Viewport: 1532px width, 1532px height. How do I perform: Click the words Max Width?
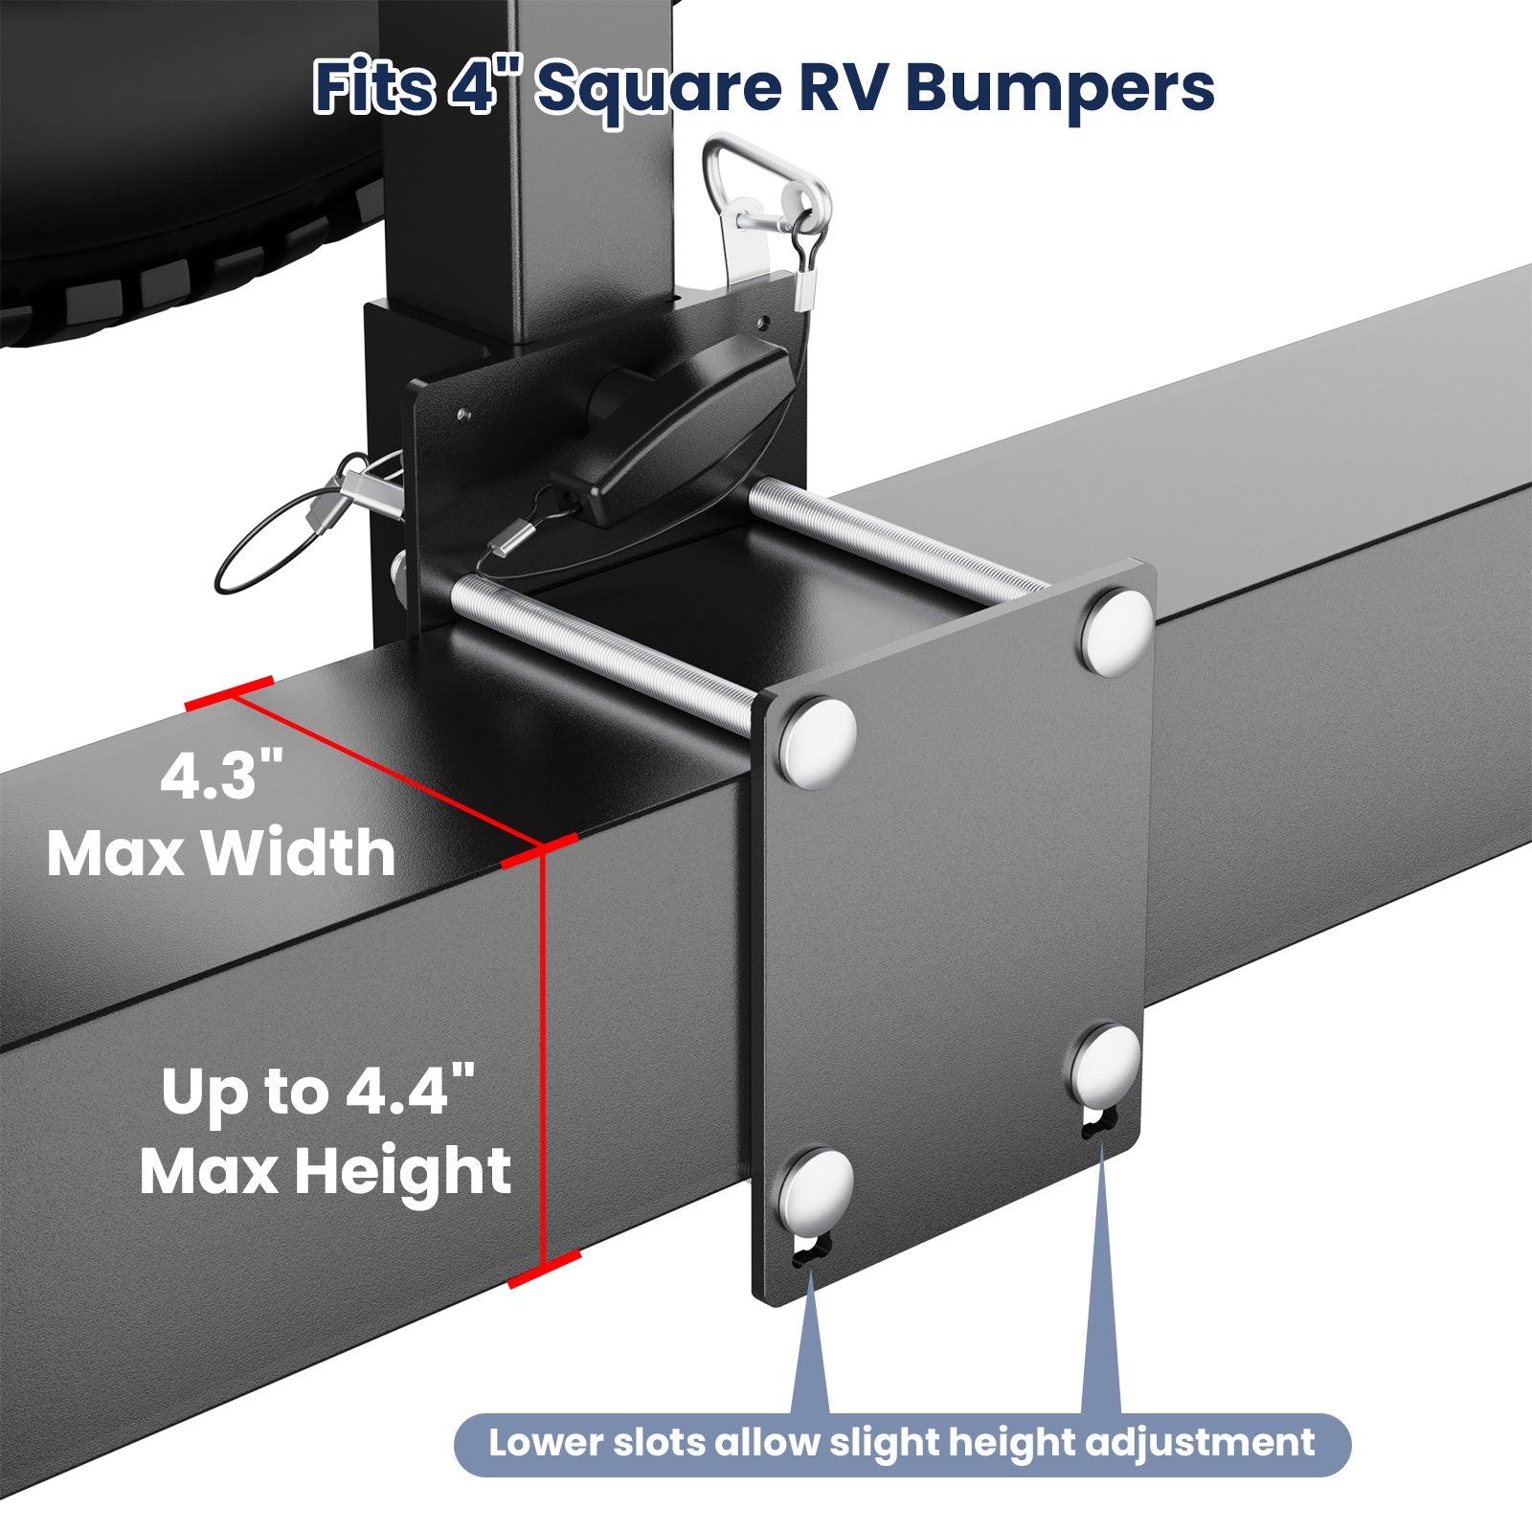point(221,853)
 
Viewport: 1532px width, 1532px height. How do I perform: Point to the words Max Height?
point(326,1171)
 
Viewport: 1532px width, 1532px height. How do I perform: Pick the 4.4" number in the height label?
point(410,1091)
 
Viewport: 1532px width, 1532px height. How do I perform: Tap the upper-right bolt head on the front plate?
point(1117,633)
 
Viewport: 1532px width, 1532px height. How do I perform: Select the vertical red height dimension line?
point(543,1053)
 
